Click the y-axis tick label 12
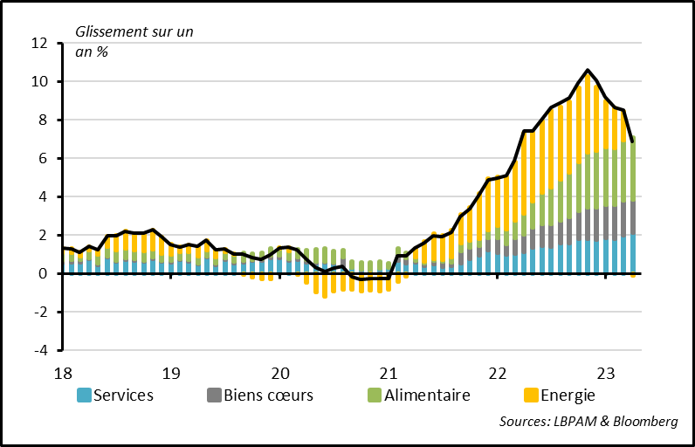click(38, 43)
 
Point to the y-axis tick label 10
click(38, 81)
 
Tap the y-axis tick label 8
click(42, 120)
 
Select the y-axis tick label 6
click(42, 158)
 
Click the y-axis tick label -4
click(38, 350)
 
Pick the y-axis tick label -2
click(38, 312)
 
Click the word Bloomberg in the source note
click(644, 422)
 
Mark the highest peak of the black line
click(588, 70)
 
